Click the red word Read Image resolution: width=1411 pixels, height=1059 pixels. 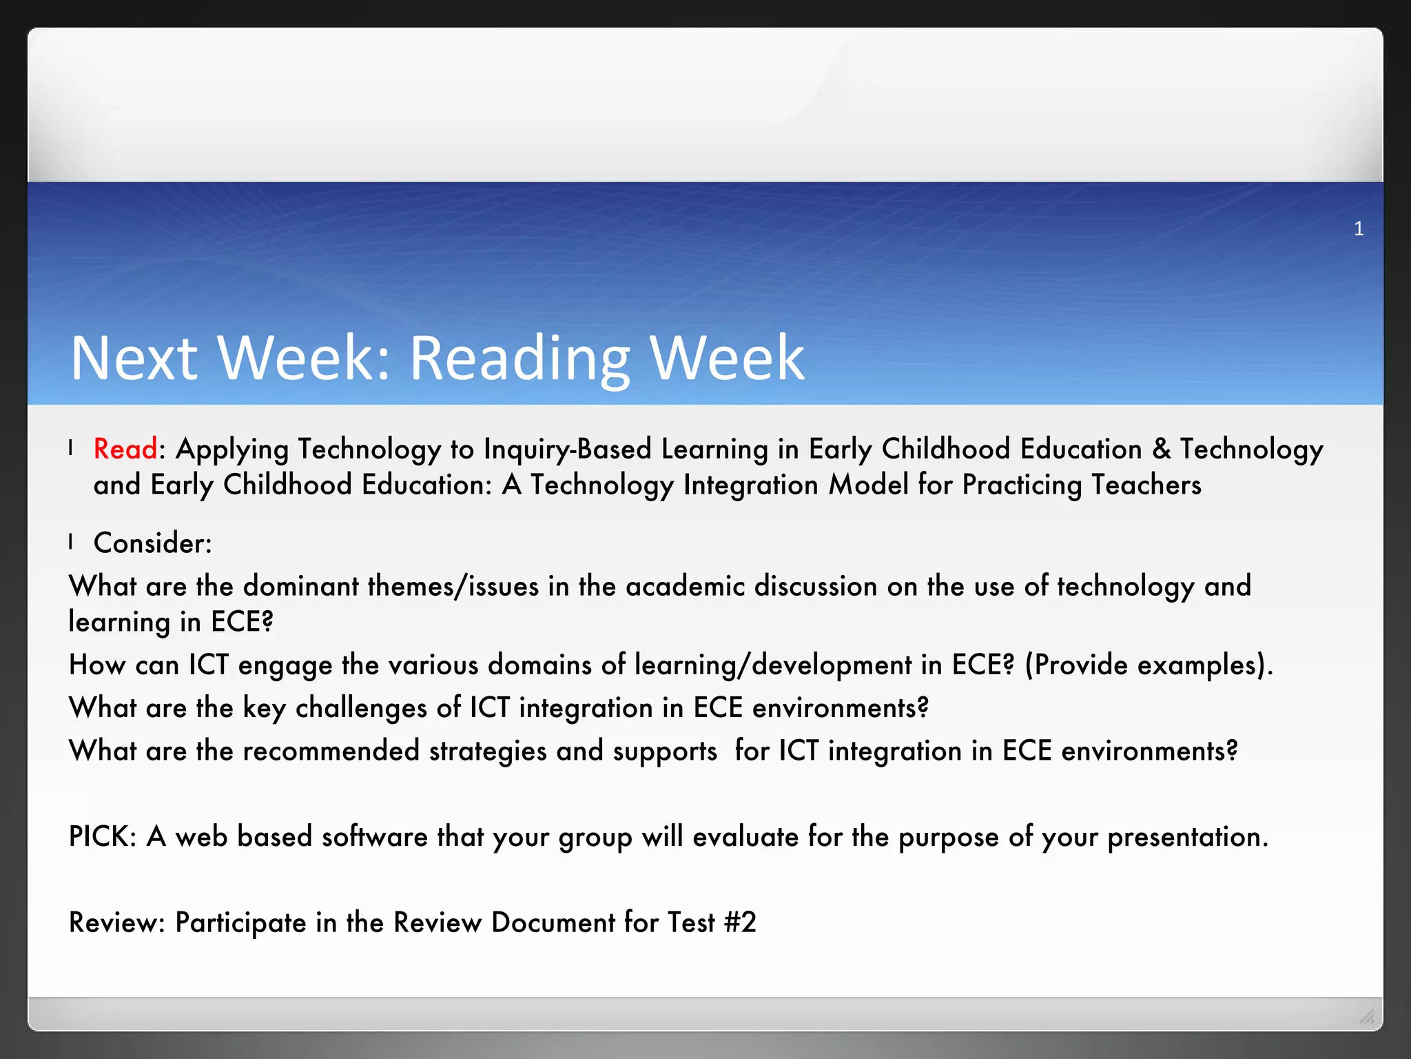[125, 449]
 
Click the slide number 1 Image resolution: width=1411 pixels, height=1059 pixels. [1359, 229]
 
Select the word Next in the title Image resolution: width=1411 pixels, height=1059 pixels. [134, 358]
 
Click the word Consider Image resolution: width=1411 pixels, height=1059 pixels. [151, 543]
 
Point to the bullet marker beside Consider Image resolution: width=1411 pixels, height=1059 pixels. [71, 543]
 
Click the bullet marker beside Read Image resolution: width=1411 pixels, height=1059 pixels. [71, 449]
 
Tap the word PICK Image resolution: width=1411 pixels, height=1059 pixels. [101, 837]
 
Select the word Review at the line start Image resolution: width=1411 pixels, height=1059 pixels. [115, 922]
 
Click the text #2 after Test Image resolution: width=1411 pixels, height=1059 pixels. [740, 922]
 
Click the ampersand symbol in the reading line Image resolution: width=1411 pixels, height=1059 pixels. [1161, 449]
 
